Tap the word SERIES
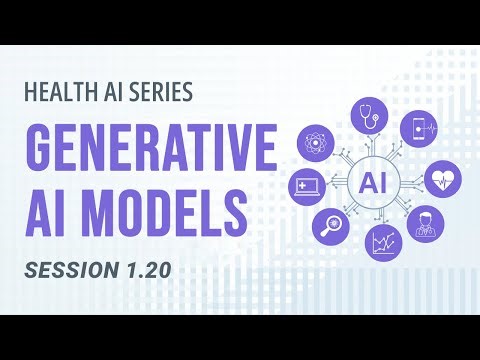(158, 94)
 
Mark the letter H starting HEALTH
(32, 94)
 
